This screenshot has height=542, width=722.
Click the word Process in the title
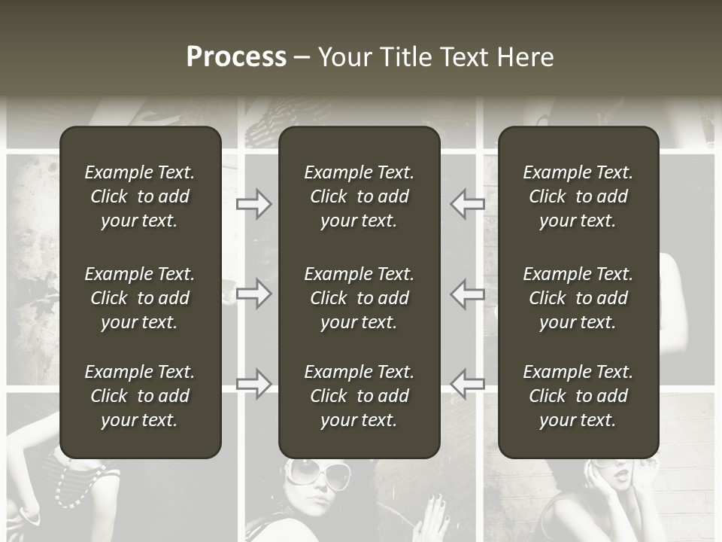(236, 57)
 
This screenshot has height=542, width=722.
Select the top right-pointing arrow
(254, 203)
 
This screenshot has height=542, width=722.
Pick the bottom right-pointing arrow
(254, 383)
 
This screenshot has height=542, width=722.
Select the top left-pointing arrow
(468, 203)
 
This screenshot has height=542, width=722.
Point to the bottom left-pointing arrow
(468, 383)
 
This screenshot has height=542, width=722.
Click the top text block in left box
(140, 196)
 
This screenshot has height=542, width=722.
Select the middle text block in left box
(140, 298)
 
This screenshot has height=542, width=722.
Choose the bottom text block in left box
(140, 396)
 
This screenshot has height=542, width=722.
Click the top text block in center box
(359, 196)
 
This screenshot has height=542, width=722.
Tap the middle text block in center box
(359, 298)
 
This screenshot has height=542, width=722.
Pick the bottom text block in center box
(359, 396)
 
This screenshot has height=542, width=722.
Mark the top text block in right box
(578, 196)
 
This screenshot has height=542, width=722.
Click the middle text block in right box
(578, 298)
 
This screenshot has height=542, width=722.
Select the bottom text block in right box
(578, 396)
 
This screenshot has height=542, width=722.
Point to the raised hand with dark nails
(437, 516)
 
